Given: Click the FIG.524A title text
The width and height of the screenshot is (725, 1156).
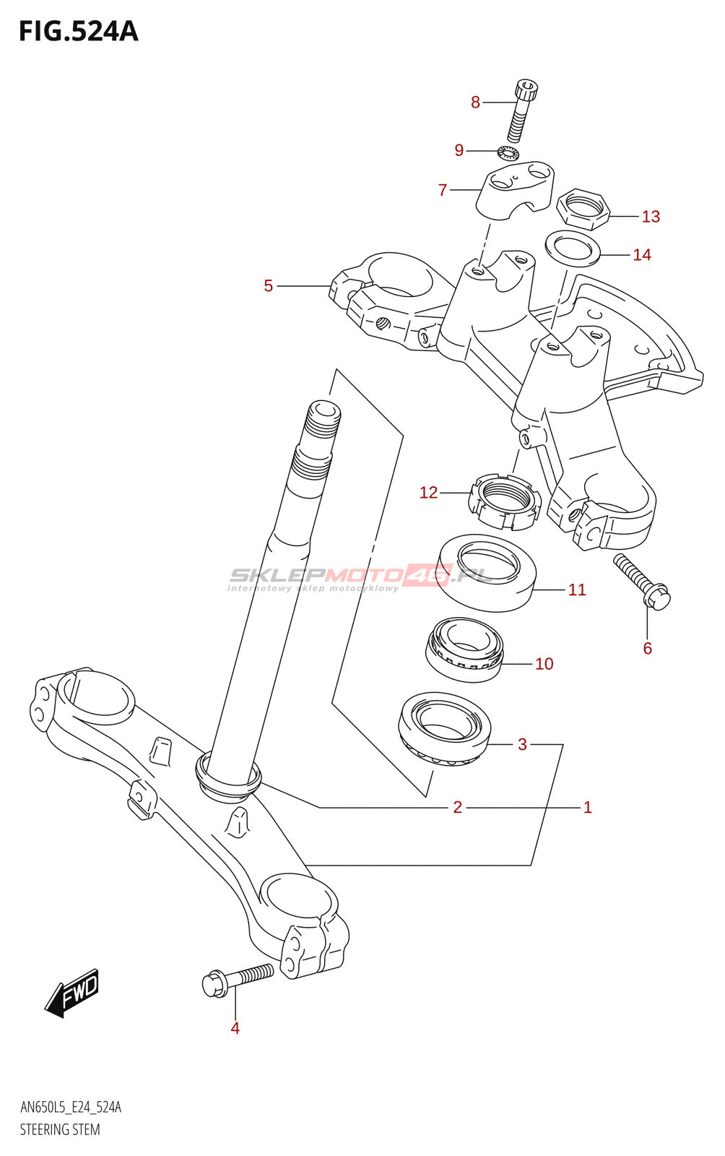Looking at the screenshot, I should (x=78, y=32).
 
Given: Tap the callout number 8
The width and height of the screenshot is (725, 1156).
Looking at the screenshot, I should (x=475, y=103).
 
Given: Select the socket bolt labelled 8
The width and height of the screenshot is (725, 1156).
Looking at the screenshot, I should (x=523, y=112).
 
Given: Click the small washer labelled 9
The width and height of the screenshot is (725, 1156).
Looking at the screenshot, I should (x=508, y=152).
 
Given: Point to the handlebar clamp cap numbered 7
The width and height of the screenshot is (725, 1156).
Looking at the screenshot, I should (x=515, y=190).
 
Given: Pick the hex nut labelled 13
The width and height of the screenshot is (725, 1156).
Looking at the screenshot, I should (x=583, y=209).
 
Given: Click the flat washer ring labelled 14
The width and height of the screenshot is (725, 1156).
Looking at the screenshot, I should (x=573, y=248).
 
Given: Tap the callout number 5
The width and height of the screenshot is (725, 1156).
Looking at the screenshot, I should (x=269, y=286).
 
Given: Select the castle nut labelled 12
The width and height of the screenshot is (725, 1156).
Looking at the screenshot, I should (x=504, y=501).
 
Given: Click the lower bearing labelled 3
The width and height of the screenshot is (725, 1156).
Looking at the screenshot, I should (x=444, y=728).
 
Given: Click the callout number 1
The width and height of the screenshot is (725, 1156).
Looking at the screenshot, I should (x=588, y=807).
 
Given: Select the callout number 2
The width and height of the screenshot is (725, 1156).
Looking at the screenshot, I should (x=457, y=807).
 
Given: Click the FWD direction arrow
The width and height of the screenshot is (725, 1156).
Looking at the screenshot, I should (x=72, y=993).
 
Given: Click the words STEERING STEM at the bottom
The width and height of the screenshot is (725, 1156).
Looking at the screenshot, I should (x=60, y=1129).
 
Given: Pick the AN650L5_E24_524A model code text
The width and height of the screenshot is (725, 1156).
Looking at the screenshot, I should (x=71, y=1108).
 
